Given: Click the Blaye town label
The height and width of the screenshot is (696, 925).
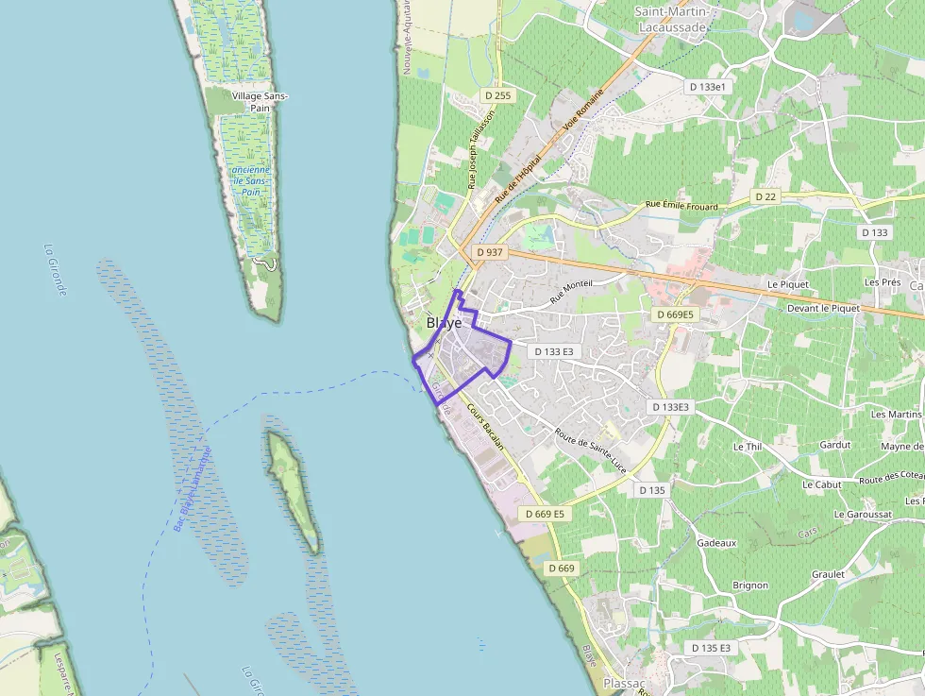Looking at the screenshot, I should (444, 323).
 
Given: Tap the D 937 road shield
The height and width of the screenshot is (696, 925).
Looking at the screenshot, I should (491, 253).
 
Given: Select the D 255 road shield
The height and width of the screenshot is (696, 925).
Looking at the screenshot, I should (497, 95).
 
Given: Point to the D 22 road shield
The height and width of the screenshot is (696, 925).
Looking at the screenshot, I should (765, 196).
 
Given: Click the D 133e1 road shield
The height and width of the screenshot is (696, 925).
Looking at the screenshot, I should (710, 87).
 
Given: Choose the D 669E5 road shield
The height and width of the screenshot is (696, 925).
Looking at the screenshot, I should (675, 314).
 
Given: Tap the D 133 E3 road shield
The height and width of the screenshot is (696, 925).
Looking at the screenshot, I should (554, 351).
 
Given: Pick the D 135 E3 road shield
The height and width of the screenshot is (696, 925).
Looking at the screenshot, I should (711, 648).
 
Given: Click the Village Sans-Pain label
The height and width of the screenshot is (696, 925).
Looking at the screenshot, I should (261, 102).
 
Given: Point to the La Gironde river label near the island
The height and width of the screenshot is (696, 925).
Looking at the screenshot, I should (56, 270).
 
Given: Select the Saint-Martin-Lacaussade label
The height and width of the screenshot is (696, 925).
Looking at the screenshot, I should (671, 20).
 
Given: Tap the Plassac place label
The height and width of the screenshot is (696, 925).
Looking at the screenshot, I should (624, 683).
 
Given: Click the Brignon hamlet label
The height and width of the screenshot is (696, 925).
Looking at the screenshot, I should (750, 586).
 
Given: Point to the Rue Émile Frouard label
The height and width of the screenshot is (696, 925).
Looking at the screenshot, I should (681, 205).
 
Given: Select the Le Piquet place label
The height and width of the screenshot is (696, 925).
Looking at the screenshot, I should (783, 283).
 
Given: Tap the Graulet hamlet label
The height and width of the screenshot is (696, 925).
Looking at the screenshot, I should (828, 574).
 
